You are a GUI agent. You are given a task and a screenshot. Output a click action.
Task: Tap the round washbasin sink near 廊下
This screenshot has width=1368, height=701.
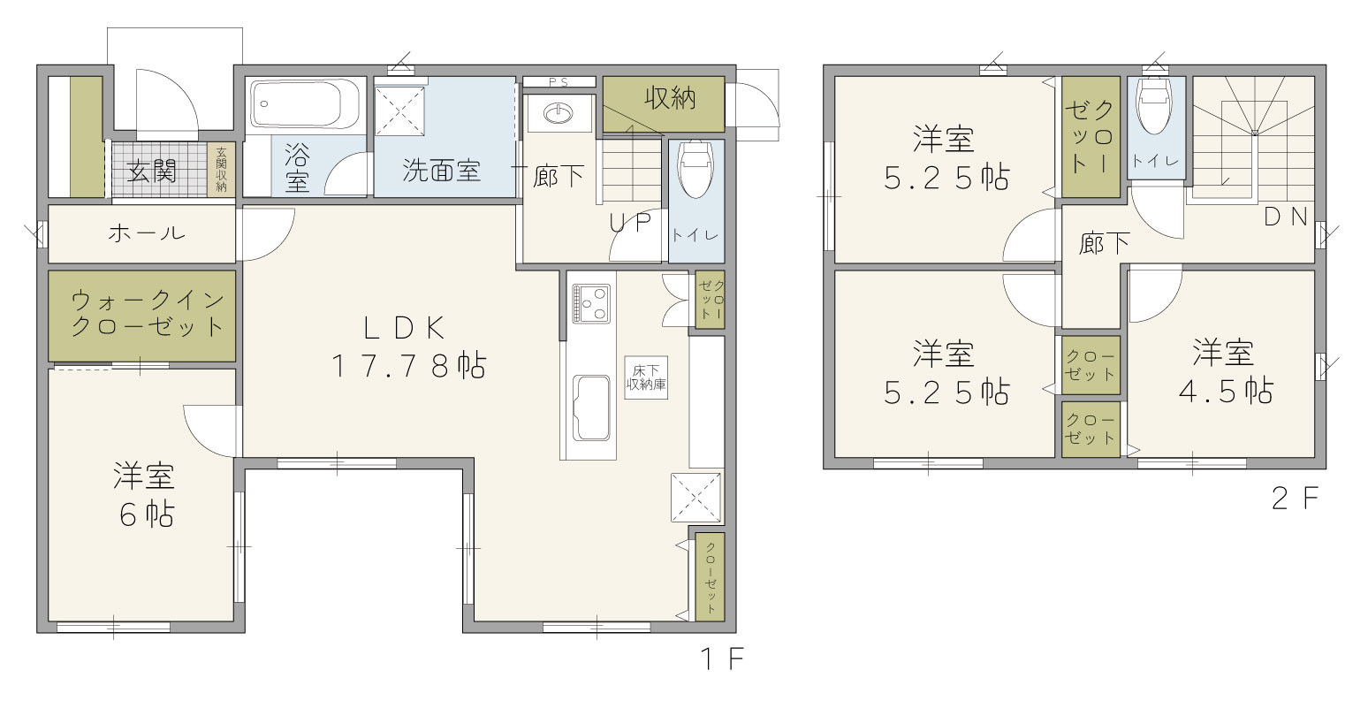click(x=559, y=113)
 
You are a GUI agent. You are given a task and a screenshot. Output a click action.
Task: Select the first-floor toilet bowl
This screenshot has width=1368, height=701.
click(x=695, y=169)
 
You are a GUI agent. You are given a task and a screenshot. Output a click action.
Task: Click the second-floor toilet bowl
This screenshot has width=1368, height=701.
click(x=1155, y=105)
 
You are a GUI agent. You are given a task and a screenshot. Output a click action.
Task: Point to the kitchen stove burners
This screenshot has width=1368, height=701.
click(x=591, y=304)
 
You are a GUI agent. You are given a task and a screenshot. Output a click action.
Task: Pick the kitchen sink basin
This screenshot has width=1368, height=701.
click(x=591, y=408)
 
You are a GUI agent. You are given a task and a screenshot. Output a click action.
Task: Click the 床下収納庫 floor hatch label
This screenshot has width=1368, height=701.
click(x=646, y=377)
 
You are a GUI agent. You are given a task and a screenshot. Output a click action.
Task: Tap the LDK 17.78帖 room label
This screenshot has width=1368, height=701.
click(x=408, y=347)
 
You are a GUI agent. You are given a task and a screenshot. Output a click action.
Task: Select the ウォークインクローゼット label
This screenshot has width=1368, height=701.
click(x=148, y=314)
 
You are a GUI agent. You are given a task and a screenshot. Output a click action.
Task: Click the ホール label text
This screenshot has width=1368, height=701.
click(x=147, y=232)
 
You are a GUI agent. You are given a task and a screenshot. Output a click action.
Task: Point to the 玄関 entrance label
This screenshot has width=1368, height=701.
click(x=151, y=171)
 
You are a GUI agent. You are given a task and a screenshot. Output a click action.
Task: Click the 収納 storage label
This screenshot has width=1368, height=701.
click(x=670, y=98)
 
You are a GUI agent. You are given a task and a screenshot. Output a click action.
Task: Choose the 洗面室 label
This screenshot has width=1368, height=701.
click(x=441, y=171)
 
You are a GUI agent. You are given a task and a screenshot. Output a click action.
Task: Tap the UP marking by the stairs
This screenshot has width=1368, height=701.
click(x=629, y=223)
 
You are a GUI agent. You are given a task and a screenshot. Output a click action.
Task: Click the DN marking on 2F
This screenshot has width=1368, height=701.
click(x=1285, y=217)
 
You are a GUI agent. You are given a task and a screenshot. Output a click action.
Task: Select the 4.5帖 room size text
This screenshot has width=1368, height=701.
click(x=1226, y=391)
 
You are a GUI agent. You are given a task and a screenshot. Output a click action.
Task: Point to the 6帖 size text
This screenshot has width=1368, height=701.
click(x=147, y=514)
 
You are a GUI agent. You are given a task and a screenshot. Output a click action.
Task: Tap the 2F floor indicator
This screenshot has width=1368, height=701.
click(x=1294, y=498)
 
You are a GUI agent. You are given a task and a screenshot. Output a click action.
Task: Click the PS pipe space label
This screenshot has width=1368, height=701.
click(x=559, y=82)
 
